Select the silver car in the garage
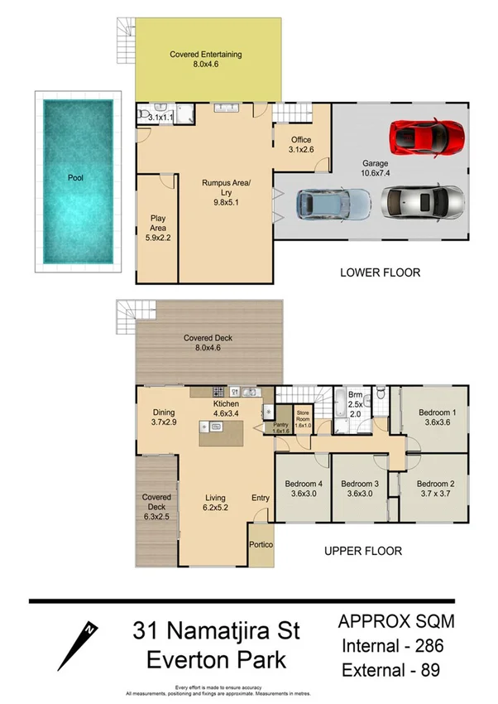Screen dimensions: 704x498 [x=422, y=201]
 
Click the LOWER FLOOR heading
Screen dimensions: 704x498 [x=381, y=272]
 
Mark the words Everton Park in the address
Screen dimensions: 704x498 [x=216, y=661]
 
